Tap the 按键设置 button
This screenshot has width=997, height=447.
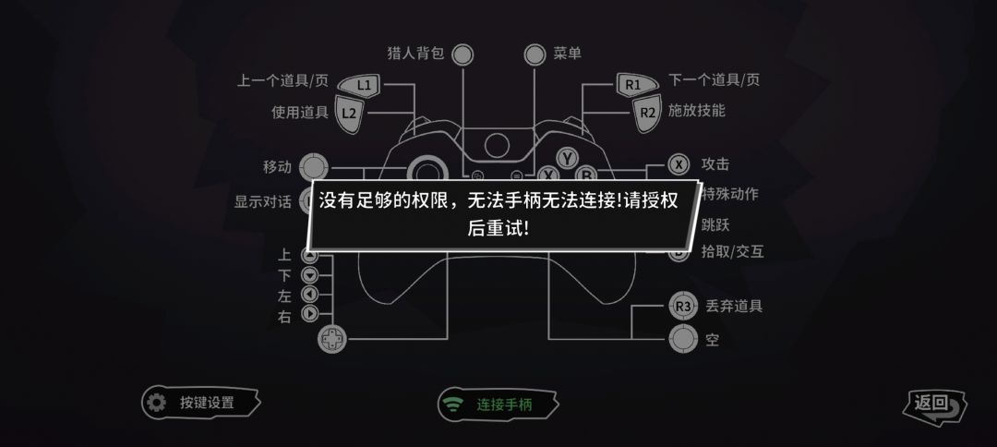tap(201, 403)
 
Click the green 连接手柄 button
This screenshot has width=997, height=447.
tap(498, 405)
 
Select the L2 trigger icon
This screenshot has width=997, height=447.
tap(349, 114)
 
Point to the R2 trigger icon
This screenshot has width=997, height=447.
tap(647, 113)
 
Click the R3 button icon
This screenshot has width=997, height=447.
tap(683, 307)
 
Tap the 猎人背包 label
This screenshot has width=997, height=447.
tap(415, 54)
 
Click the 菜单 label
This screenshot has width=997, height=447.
tap(567, 54)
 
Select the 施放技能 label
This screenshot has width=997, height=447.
tap(696, 110)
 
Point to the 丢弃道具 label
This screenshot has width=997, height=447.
tap(734, 306)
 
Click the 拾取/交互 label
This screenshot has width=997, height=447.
tap(732, 251)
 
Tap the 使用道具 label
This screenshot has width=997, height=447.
tap(300, 113)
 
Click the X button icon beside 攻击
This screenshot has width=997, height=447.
tap(679, 164)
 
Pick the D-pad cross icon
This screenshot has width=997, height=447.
tap(332, 338)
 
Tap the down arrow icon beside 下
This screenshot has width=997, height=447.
tap(309, 275)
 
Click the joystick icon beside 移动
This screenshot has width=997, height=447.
tap(314, 167)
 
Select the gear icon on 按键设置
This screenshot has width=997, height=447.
tap(156, 403)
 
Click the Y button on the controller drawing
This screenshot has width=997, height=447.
tap(567, 157)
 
